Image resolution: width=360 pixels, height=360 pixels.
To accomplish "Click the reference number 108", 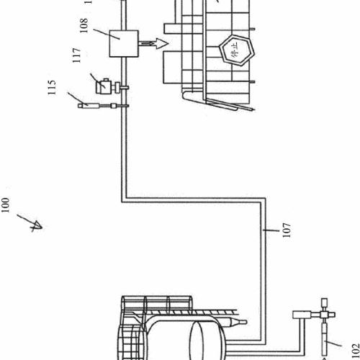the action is coord(84,25).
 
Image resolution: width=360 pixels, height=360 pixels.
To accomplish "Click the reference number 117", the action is coord(76,55).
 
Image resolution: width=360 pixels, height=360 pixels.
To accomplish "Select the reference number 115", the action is coord(52,87).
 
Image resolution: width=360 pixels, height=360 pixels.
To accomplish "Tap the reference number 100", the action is coord(5,205).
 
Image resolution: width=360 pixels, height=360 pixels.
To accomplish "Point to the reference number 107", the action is coord(287,230).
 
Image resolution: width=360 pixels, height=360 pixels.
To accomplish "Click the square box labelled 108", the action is coord(124,43).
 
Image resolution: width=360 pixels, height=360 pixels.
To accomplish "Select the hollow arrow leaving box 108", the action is coord(153,43).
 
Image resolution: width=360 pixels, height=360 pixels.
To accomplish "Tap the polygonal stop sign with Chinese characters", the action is coord(237,50).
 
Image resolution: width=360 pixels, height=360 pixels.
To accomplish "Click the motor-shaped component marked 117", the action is coord(106,86).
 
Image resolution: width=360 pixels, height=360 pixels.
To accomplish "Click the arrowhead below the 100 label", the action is coord(37,226).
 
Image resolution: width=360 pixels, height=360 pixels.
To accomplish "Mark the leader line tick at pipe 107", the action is coord(271,230).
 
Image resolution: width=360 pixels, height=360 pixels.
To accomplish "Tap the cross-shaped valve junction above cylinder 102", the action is coord(325,315).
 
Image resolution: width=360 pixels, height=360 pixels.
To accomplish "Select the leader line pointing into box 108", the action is coord(107,34).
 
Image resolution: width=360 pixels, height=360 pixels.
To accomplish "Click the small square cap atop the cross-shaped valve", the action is coord(325,302).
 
